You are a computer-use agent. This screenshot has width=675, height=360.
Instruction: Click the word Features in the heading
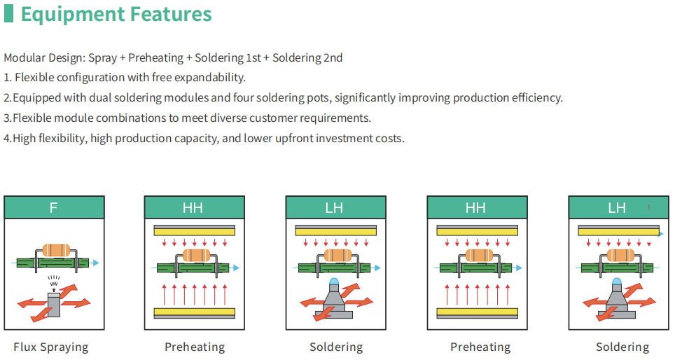pos(171,13)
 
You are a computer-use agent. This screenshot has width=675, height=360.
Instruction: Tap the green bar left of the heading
pos(8,13)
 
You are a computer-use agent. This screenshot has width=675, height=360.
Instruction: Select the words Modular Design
pos(45,58)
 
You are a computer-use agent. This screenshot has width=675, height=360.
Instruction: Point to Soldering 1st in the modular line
pos(228,57)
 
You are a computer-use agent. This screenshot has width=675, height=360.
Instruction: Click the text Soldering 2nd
pos(307,57)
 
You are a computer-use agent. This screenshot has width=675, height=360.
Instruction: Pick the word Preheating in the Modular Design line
pos(156,57)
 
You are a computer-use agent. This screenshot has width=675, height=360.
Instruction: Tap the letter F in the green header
pos(53,208)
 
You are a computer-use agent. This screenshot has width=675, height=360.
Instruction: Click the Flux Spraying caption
pos(51,347)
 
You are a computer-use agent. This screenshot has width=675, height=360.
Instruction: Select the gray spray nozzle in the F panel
pos(54,305)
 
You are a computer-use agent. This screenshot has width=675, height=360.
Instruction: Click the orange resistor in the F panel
pos(56,250)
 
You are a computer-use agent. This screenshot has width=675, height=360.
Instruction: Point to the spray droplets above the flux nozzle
pos(54,281)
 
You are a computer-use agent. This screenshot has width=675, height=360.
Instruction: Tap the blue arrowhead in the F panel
pos(95,263)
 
